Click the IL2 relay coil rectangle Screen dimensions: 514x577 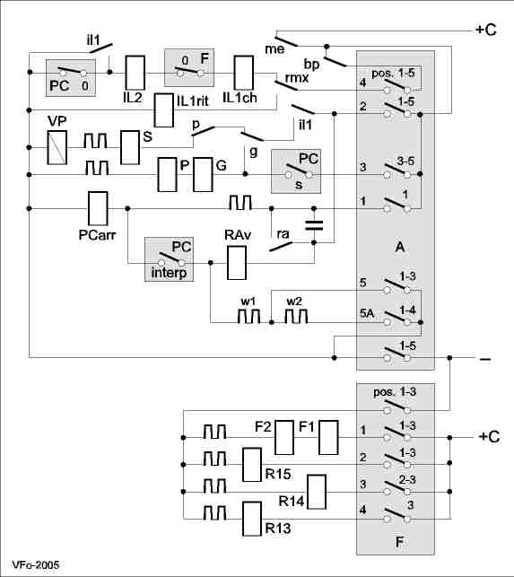click(135, 73)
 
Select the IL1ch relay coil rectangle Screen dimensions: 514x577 click(244, 73)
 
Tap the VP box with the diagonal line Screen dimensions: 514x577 click(57, 147)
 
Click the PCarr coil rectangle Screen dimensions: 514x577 click(98, 209)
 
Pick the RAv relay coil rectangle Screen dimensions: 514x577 click(237, 263)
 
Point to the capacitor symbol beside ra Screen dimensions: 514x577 click(314, 225)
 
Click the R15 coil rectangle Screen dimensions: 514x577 click(252, 465)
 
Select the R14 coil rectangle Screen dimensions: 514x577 click(317, 492)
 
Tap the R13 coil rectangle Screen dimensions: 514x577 click(252, 519)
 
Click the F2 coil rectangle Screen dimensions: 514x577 click(284, 438)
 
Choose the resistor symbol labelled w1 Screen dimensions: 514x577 click(248, 316)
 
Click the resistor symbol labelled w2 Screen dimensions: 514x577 click(297, 316)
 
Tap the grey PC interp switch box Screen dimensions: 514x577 click(169, 259)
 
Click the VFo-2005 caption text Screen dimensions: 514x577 click(35, 564)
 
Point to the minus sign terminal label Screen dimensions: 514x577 click(485, 359)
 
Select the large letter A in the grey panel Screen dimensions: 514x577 click(400, 247)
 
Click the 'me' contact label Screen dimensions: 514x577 click(274, 49)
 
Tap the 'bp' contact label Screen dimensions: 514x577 click(311, 65)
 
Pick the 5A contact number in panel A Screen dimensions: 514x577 click(367, 313)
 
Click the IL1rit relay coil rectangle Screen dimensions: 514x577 click(164, 110)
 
